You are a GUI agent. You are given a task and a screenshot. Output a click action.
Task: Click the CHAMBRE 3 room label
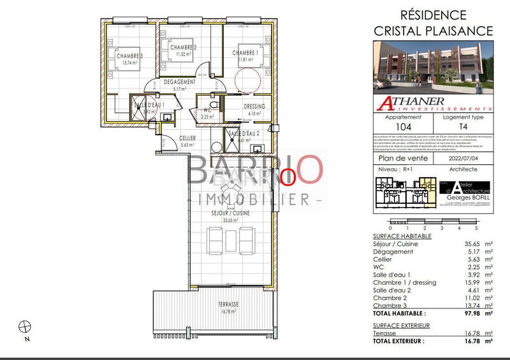pyautogui.click(x=129, y=57)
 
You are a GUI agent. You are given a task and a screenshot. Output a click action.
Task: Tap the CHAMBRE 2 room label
pyautogui.click(x=183, y=48)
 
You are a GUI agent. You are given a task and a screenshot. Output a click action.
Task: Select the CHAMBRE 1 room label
pyautogui.click(x=243, y=53)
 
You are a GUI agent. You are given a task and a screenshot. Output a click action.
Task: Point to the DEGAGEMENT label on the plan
pyautogui.click(x=179, y=83)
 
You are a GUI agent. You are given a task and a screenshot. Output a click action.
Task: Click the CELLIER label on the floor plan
pyautogui.click(x=187, y=138)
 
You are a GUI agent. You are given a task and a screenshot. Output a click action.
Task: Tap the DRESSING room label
pyautogui.click(x=254, y=106)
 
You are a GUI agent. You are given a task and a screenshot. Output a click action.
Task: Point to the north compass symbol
pyautogui.click(x=25, y=327)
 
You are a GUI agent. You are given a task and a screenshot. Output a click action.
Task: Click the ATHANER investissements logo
pyautogui.click(x=432, y=102)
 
